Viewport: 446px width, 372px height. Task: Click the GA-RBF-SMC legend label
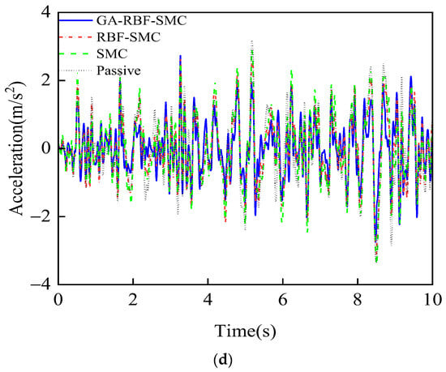tap(141, 20)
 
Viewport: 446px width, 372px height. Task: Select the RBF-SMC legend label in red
tap(129, 37)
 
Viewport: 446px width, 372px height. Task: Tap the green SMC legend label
tap(112, 53)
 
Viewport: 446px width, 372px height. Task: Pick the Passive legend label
tap(118, 71)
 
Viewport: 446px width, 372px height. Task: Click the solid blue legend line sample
tap(75, 20)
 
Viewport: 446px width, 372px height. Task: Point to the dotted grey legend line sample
tap(75, 71)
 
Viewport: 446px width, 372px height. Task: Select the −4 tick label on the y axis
tap(41, 284)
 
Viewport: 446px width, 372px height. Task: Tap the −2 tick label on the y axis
tap(41, 216)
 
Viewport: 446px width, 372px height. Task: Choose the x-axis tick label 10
tap(433, 300)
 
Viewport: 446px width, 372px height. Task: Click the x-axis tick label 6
tap(283, 300)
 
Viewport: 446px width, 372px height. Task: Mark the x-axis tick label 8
tap(358, 300)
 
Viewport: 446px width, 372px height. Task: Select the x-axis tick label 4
tap(208, 300)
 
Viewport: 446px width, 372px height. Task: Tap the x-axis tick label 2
tap(133, 300)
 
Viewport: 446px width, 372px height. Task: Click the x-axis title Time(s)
tap(245, 331)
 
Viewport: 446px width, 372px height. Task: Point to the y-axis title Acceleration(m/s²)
tap(16, 148)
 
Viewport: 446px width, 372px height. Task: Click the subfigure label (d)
tap(223, 360)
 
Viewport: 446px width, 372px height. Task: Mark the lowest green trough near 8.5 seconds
tap(376, 262)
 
